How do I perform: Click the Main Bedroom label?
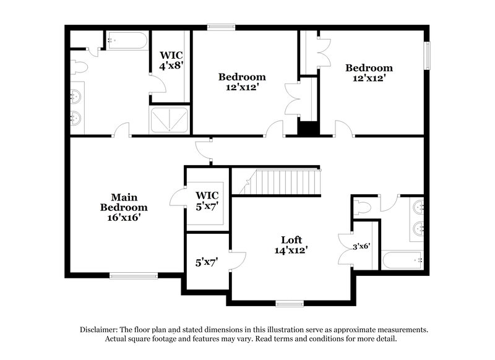point(124,202)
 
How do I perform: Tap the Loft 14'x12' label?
point(291,245)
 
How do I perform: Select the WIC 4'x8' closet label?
point(171,59)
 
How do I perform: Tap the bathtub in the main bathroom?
point(126,41)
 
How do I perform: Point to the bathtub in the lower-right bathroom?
point(402,260)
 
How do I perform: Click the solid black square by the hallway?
point(308,128)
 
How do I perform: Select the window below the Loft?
point(290,303)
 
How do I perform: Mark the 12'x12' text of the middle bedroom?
point(242,87)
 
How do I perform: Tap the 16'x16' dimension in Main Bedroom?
point(124,218)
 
